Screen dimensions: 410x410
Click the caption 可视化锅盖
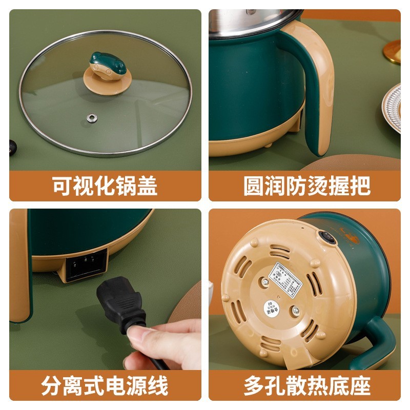(x=105, y=186)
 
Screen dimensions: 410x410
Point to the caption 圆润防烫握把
(x=307, y=186)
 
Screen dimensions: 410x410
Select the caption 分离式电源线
(x=105, y=385)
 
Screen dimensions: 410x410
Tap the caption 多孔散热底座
(x=307, y=385)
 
